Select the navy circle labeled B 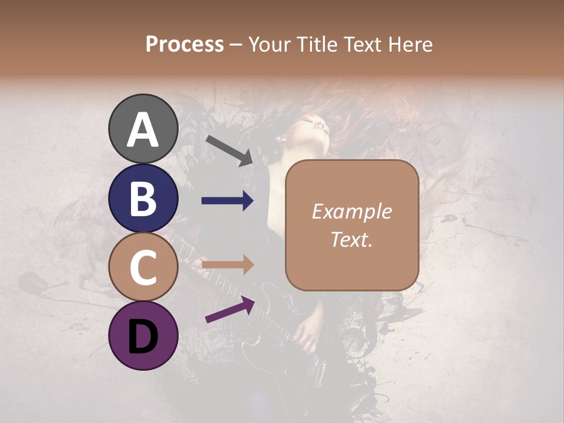pos(143,198)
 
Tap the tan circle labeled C pos(143,267)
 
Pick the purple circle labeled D pos(143,336)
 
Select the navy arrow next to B pos(227,201)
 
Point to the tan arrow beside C pos(227,265)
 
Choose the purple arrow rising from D pos(230,310)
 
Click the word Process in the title pos(184,44)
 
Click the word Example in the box pos(351,211)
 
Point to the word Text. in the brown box pos(351,240)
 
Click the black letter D pos(143,336)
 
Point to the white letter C pos(143,267)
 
